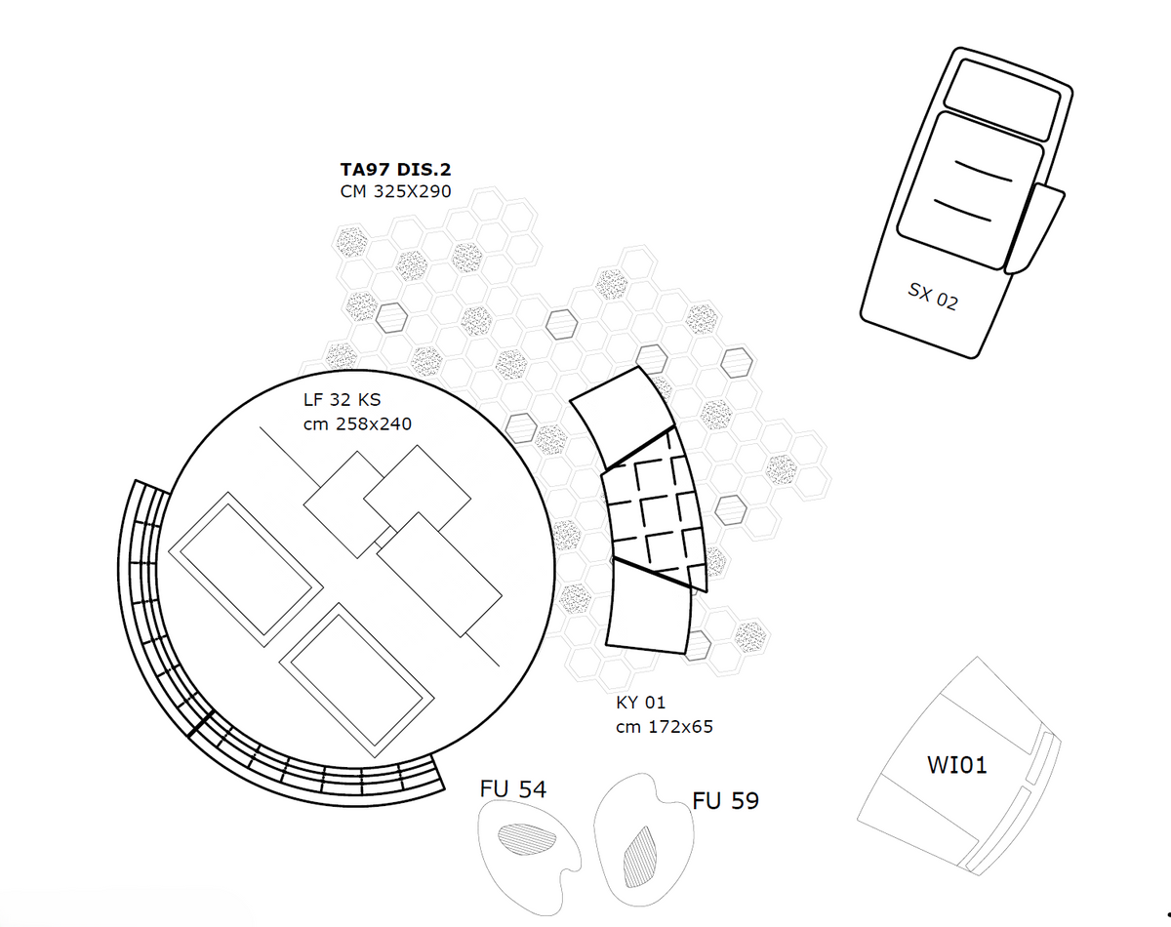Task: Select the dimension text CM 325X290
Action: (395, 191)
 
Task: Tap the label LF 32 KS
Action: (343, 400)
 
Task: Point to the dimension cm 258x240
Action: (358, 423)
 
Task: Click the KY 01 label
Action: (640, 703)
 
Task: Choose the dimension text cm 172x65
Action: (664, 726)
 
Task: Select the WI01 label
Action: (956, 764)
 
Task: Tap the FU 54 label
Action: (513, 788)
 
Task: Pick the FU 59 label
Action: (725, 801)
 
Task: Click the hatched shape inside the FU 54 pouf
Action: (527, 839)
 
